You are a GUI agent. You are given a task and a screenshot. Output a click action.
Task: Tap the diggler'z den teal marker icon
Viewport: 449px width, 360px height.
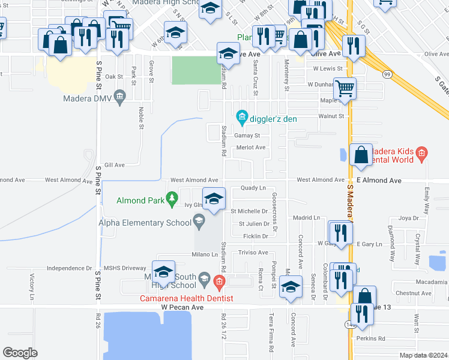pos(242,116)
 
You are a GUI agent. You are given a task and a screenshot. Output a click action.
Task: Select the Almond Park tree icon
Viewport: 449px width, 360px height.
pos(172,197)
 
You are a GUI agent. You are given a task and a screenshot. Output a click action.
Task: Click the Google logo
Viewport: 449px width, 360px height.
pos(20,353)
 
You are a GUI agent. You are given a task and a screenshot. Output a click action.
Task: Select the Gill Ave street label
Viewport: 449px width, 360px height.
pos(114,164)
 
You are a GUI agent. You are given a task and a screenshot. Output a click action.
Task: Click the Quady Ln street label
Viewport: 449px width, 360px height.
pos(253,188)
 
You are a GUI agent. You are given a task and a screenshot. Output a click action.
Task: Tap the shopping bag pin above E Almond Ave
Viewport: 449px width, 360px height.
pos(360,155)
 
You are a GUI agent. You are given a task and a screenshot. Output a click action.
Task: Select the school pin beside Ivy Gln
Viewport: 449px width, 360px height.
pos(214,199)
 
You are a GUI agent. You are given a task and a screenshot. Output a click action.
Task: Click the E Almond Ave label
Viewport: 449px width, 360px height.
pos(379,180)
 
